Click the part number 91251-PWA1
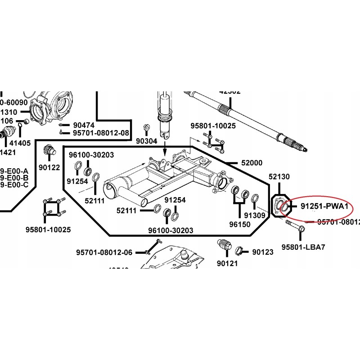click(x=324, y=207)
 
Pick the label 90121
click(x=227, y=264)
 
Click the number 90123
click(x=262, y=252)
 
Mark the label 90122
click(x=49, y=167)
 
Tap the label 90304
click(x=147, y=141)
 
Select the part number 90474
click(x=83, y=125)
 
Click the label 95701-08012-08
click(x=101, y=133)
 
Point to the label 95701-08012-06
click(x=104, y=252)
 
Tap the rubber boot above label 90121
click(x=225, y=246)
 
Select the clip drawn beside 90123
click(x=240, y=251)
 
